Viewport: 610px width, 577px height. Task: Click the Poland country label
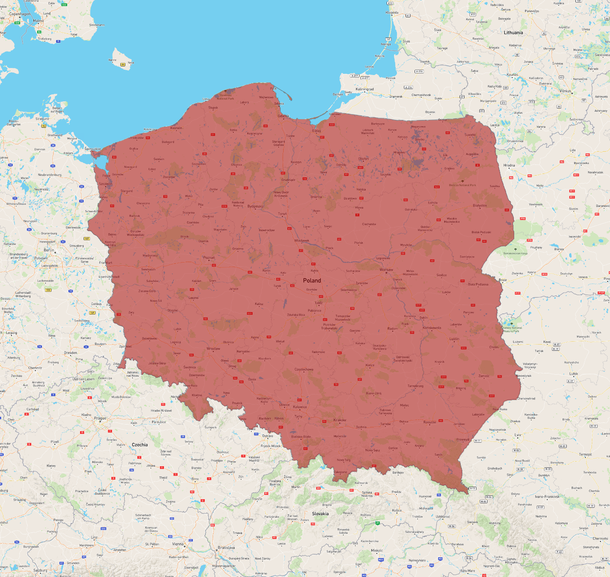[x=312, y=281]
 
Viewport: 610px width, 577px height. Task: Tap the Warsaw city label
[x=386, y=270]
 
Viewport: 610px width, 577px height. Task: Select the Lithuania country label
[x=513, y=33]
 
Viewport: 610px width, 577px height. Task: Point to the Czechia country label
[x=140, y=445]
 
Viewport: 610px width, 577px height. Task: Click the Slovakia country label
[x=320, y=514]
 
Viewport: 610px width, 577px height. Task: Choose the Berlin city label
[x=49, y=250]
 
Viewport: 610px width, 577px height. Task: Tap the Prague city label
[x=100, y=418]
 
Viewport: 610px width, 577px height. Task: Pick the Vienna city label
[x=178, y=544]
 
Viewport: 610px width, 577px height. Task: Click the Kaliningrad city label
[x=365, y=89]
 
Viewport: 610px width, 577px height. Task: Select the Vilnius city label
[x=565, y=91]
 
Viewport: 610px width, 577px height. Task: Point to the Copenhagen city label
[x=20, y=14]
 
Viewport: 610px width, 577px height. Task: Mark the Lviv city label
[x=518, y=435]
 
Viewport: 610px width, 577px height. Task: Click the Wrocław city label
[x=213, y=349]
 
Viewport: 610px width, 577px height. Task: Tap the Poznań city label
[x=209, y=258]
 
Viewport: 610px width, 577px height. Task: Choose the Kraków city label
[x=340, y=420]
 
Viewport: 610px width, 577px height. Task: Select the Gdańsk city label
[x=284, y=116]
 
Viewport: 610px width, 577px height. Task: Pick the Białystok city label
[x=480, y=205]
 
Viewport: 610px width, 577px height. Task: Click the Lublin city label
[x=454, y=339]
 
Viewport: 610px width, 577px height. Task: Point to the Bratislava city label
[x=226, y=548]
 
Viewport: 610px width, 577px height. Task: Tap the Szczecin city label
[x=105, y=184]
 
